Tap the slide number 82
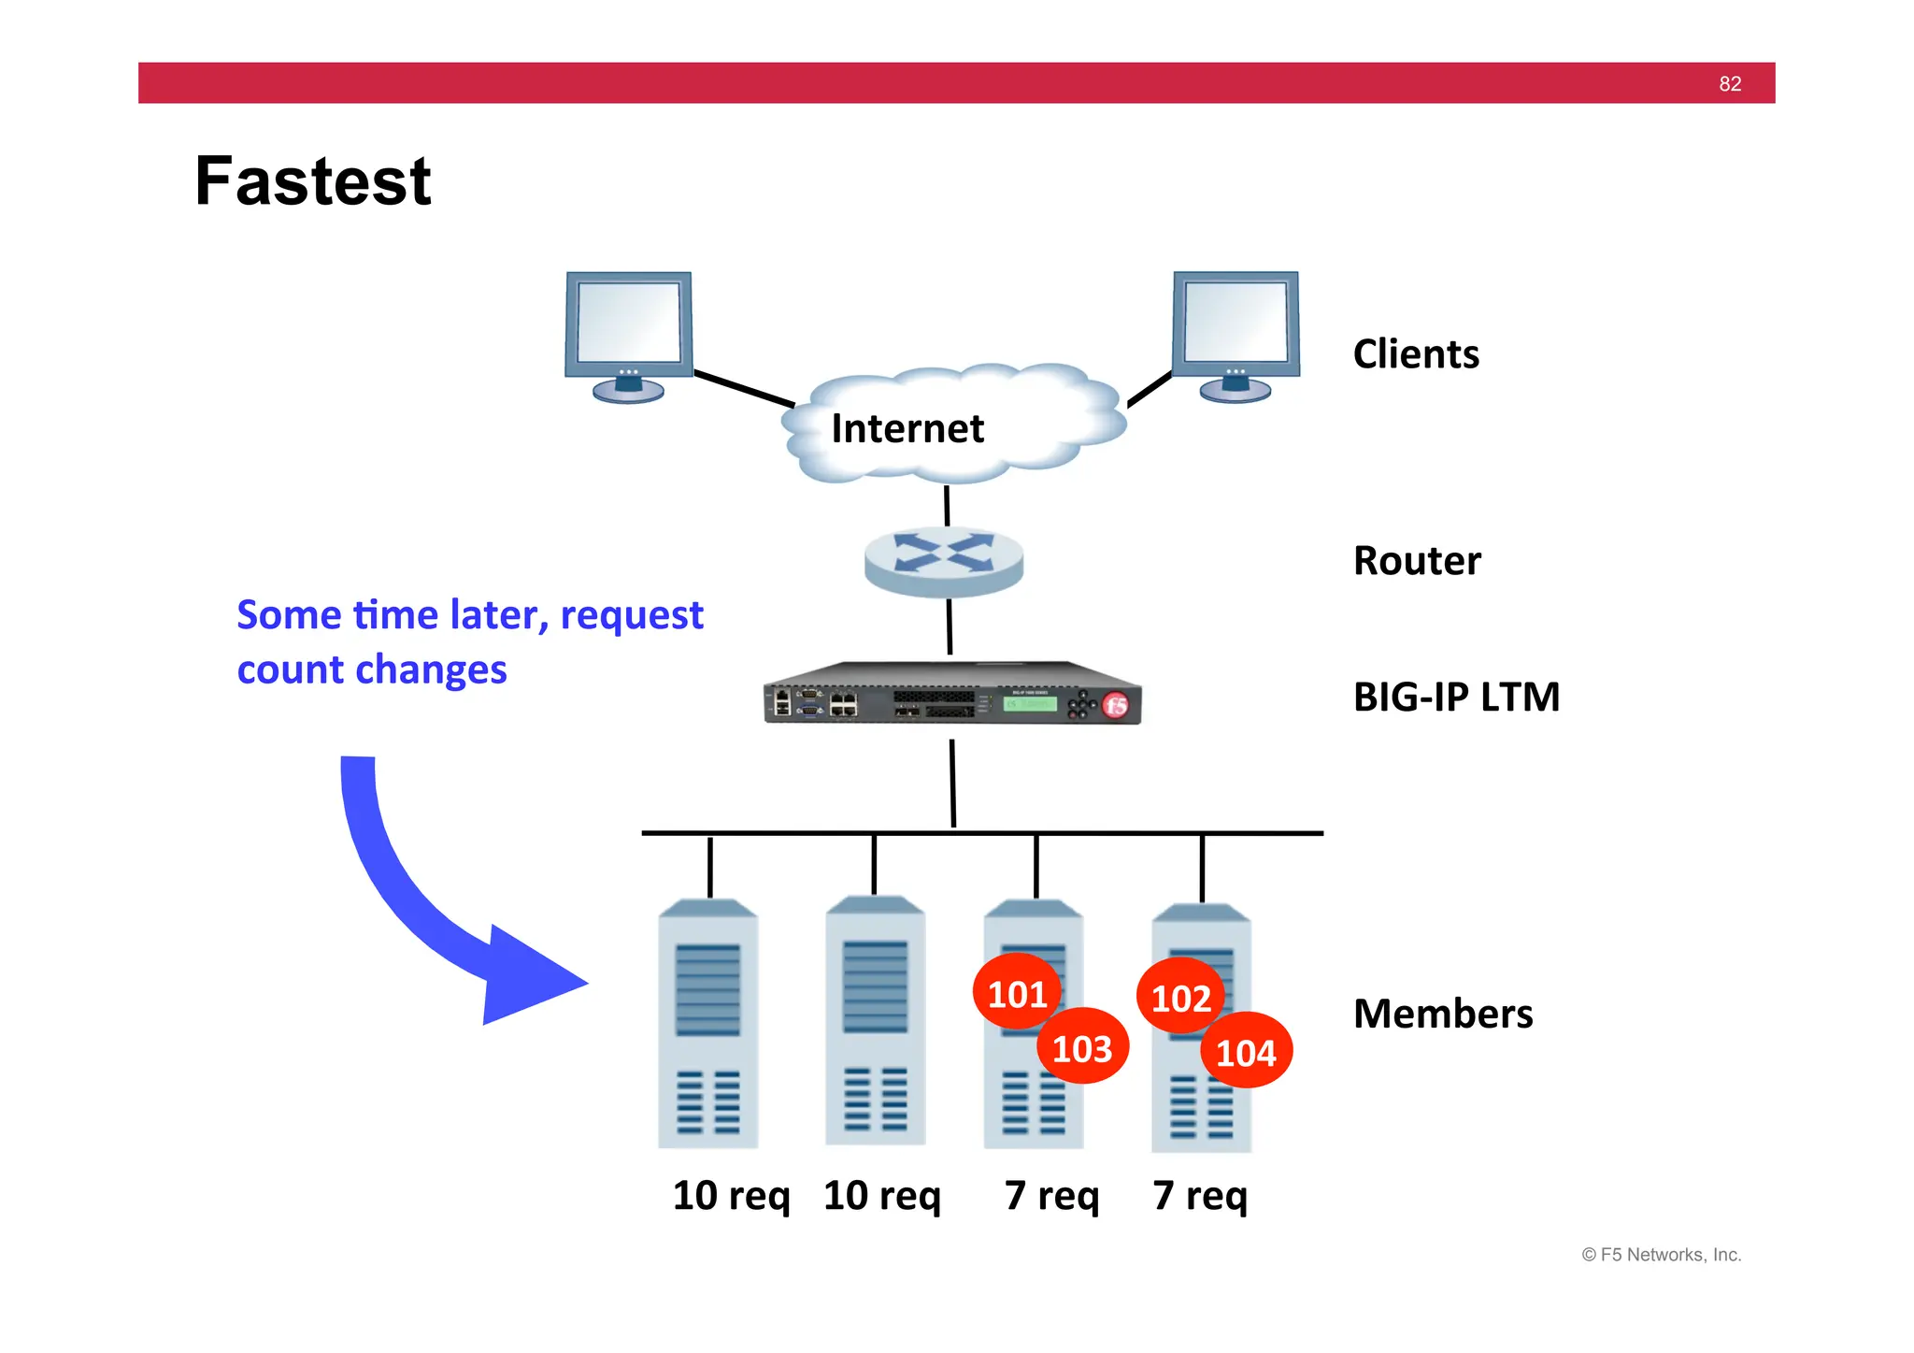coord(1730,84)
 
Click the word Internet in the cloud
coord(907,429)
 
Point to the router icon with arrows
coord(944,559)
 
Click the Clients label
coord(1416,354)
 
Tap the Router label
coord(1417,561)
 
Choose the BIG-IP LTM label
coord(1456,697)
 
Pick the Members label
coord(1442,1014)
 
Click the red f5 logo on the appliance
coord(1116,705)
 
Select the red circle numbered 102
coord(1179,997)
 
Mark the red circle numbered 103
coord(1082,1048)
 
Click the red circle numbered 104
coord(1247,1053)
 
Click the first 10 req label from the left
coord(731,1196)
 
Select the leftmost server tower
coord(707,1024)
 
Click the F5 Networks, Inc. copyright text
coord(1661,1255)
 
